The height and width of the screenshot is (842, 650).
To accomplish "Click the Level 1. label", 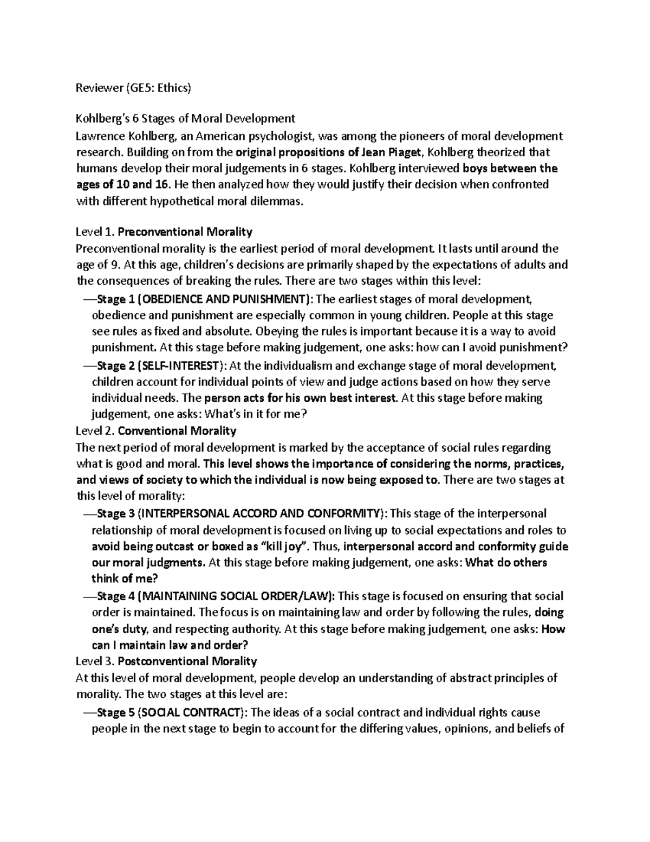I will pyautogui.click(x=95, y=232).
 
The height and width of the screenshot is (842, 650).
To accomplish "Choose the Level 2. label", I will pyautogui.click(x=95, y=431).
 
